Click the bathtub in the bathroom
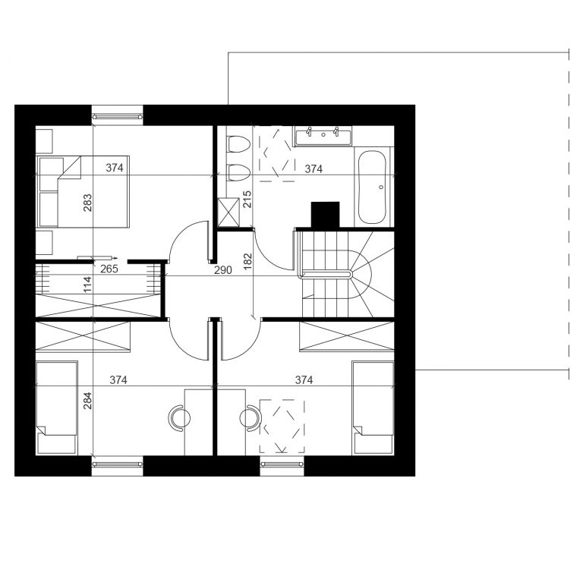point(372,187)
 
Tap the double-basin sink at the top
point(323,135)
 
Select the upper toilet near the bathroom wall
point(238,144)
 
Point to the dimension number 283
point(87,203)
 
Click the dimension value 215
point(247,199)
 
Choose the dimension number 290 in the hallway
point(223,270)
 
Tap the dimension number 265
point(109,269)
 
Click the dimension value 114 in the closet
point(87,285)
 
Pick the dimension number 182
point(248,261)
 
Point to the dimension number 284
point(87,401)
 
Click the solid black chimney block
point(326,215)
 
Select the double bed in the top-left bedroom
point(83,191)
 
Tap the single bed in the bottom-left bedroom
point(57,408)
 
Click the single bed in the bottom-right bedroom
point(373,408)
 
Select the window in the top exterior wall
point(118,116)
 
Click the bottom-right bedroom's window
point(282,464)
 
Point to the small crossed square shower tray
point(228,212)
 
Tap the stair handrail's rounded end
point(349,275)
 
